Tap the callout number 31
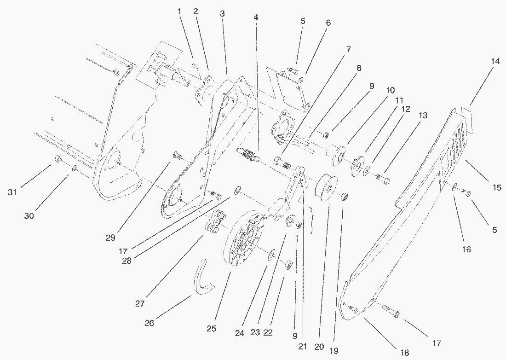(12, 192)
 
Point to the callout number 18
(404, 353)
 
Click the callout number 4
(256, 17)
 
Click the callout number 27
(140, 304)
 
